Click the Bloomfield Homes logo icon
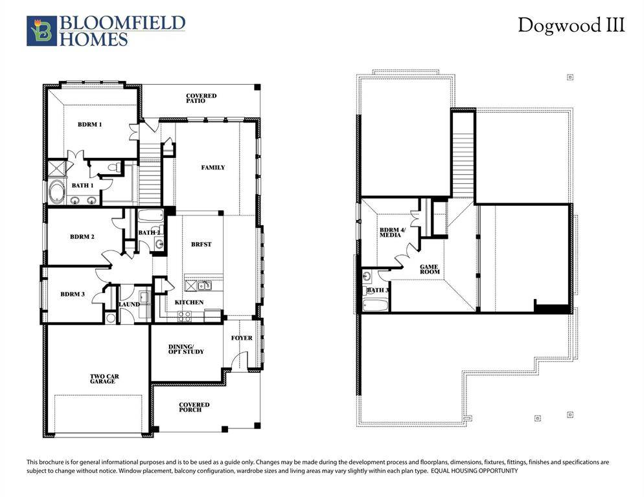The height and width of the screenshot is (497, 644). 41,31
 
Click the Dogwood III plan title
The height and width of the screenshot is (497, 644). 571,26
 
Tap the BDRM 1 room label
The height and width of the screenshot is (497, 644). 90,124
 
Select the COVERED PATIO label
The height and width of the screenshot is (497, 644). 201,98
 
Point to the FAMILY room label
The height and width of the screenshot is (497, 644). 213,168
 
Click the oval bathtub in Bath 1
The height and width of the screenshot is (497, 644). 56,193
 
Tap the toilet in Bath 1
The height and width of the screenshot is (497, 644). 114,168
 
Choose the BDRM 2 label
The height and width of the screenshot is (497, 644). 82,237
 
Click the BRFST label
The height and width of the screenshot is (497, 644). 201,245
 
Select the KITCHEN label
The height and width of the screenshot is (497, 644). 189,302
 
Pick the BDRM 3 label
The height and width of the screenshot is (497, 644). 73,294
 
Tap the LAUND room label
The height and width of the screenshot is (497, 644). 130,304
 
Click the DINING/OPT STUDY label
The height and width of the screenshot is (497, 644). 186,349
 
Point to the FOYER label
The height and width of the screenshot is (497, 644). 242,338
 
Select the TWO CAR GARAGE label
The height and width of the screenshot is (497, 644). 104,379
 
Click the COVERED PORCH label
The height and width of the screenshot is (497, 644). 194,408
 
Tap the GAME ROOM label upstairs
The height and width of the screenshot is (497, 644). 430,269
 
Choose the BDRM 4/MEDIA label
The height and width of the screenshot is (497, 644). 390,232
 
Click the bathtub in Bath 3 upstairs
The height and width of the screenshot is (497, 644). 374,304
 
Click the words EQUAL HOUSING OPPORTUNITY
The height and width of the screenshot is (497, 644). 474,471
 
